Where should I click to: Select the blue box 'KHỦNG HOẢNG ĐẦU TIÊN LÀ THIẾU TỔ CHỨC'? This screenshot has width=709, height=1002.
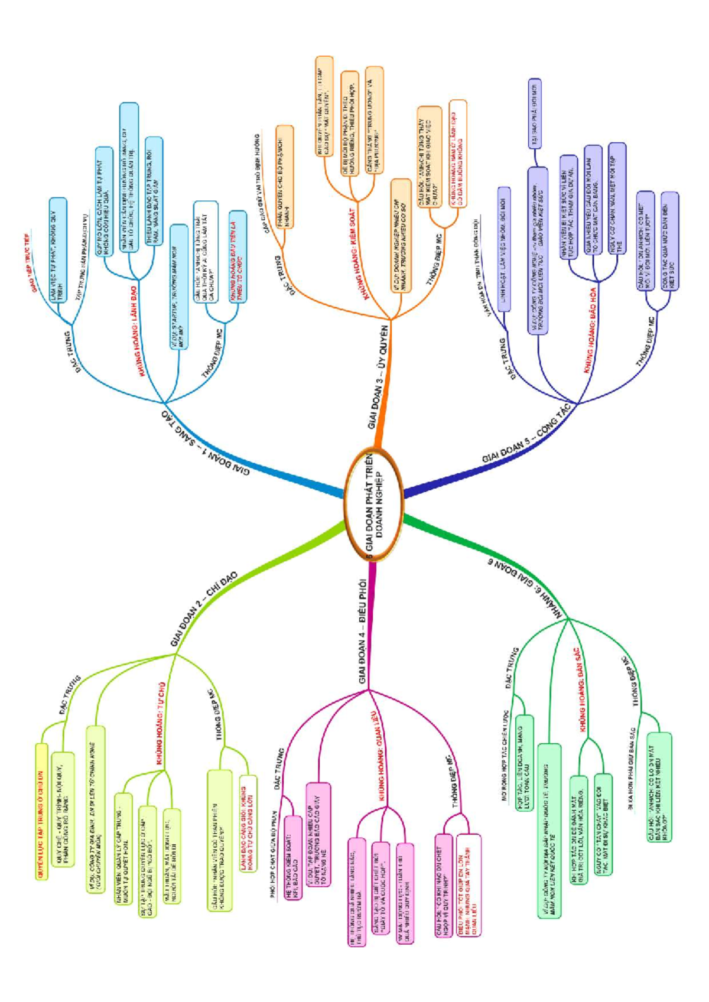point(238,256)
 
